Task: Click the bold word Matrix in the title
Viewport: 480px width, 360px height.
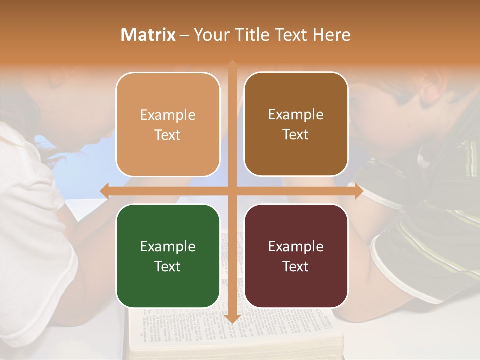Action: tap(148, 35)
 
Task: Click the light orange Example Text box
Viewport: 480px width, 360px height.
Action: tap(168, 124)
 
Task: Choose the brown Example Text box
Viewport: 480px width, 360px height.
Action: tap(296, 124)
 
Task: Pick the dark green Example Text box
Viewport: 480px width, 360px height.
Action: tap(168, 256)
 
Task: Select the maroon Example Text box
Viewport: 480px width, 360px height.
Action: tap(296, 256)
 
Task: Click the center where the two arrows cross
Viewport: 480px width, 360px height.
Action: tap(232, 191)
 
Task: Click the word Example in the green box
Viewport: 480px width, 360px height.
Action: tap(168, 246)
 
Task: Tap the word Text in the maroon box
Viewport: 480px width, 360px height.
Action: tap(296, 266)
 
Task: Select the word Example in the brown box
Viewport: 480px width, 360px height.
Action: tap(296, 115)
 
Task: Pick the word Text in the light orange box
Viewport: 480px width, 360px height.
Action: tap(168, 135)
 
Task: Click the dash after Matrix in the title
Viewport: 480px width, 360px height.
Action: tap(184, 35)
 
